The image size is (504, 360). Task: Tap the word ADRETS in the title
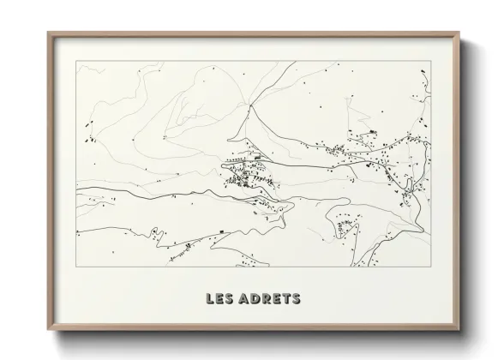pyautogui.click(x=268, y=299)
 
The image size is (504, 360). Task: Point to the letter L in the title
pyautogui.click(x=211, y=299)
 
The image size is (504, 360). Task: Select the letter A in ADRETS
pyautogui.click(x=245, y=299)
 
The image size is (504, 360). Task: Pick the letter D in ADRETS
pyautogui.click(x=255, y=299)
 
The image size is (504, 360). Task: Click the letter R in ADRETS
pyautogui.click(x=266, y=299)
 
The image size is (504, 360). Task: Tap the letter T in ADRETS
pyautogui.click(x=285, y=299)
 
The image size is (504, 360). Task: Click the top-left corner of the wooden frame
pyautogui.click(x=48, y=33)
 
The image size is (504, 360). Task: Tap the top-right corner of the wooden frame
pyautogui.click(x=459, y=33)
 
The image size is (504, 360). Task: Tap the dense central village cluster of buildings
pyautogui.click(x=244, y=176)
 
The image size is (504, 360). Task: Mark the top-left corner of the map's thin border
pyautogui.click(x=76, y=61)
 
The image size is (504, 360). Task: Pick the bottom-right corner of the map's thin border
pyautogui.click(x=431, y=267)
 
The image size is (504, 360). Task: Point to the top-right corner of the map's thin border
pyautogui.click(x=431, y=61)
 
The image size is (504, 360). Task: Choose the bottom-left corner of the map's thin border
pyautogui.click(x=76, y=267)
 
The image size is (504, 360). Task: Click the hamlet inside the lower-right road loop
pyautogui.click(x=346, y=227)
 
